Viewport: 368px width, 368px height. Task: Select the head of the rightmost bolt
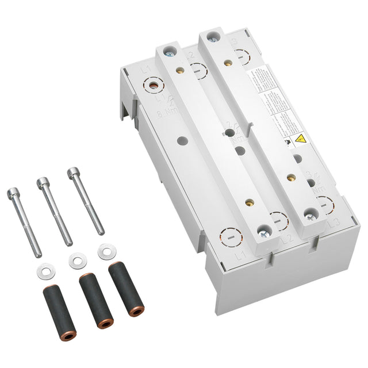(72, 172)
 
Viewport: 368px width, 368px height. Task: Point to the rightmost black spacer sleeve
(117, 280)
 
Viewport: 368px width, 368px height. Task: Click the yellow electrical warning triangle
(300, 139)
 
